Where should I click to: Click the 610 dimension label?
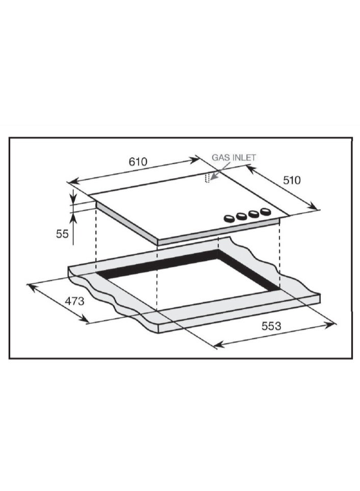[138, 162]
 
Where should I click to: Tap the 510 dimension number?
[292, 180]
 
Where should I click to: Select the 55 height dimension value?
[62, 234]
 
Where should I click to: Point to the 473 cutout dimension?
[74, 301]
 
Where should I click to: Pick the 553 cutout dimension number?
[271, 326]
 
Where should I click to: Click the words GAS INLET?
[234, 157]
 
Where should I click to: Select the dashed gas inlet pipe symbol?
[207, 177]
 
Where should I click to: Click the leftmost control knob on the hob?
[229, 218]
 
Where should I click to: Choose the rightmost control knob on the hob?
[266, 212]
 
